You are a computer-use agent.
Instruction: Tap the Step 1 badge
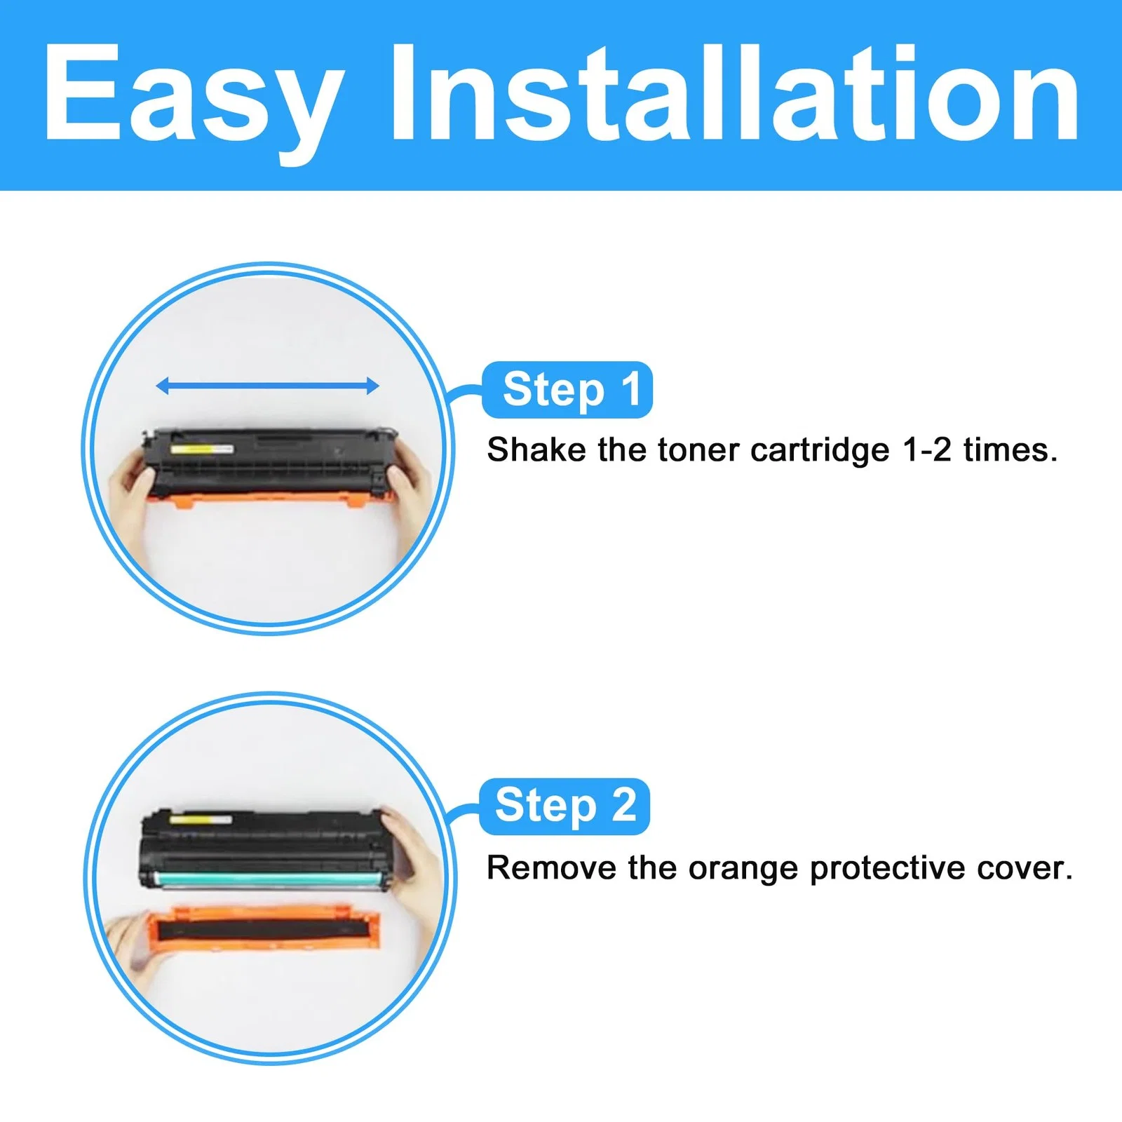[x=568, y=390]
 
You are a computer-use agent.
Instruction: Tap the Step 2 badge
[x=565, y=806]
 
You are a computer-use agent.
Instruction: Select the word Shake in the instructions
[x=536, y=450]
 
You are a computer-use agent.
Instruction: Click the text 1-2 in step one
[x=927, y=450]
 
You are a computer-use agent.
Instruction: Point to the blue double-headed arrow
[x=267, y=385]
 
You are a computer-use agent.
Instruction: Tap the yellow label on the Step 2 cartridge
[x=201, y=819]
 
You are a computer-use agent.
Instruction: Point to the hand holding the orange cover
[x=130, y=943]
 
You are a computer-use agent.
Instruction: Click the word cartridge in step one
[x=820, y=451]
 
